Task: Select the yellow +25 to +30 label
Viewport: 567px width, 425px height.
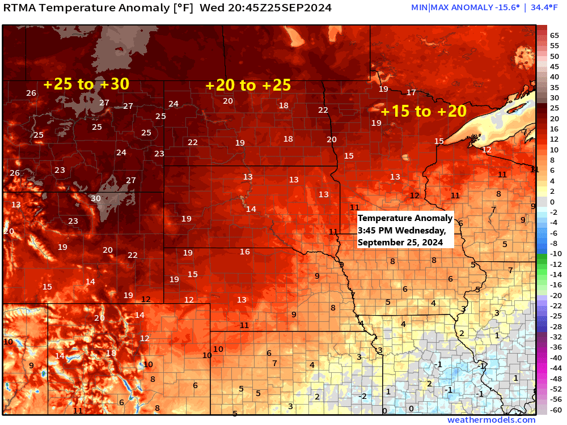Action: pyautogui.click(x=86, y=84)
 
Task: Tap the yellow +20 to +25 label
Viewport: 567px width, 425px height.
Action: pyautogui.click(x=248, y=85)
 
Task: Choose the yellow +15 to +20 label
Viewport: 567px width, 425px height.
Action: pyautogui.click(x=423, y=111)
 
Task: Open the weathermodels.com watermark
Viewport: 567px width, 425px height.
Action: pyautogui.click(x=491, y=420)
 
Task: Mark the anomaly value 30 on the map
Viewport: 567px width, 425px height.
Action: pyautogui.click(x=96, y=198)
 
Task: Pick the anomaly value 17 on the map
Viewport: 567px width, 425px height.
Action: pyautogui.click(x=411, y=92)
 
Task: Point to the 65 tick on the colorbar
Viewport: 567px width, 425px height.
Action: pyautogui.click(x=555, y=35)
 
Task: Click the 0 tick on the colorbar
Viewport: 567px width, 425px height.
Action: pyautogui.click(x=553, y=202)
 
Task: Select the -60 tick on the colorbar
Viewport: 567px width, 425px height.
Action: pyautogui.click(x=555, y=410)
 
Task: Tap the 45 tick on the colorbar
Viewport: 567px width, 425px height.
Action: pyautogui.click(x=555, y=66)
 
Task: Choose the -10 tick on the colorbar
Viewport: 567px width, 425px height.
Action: pyautogui.click(x=555, y=253)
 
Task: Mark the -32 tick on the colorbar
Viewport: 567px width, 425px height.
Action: pyautogui.click(x=555, y=337)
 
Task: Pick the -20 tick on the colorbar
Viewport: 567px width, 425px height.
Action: pyautogui.click(x=555, y=295)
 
